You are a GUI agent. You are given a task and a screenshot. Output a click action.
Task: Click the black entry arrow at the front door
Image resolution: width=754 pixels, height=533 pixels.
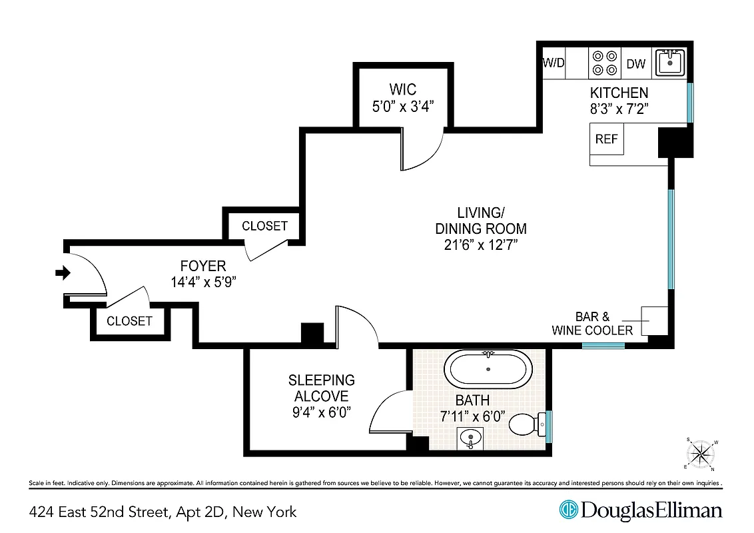(x=63, y=272)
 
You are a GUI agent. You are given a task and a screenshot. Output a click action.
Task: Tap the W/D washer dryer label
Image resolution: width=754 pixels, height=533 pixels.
(x=554, y=63)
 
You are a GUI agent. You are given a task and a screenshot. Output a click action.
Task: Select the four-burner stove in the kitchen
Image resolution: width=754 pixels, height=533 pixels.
(x=604, y=63)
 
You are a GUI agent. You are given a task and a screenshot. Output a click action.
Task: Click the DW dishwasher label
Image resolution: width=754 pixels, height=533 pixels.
(x=636, y=64)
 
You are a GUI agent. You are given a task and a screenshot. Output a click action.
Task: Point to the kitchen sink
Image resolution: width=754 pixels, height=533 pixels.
(x=669, y=63)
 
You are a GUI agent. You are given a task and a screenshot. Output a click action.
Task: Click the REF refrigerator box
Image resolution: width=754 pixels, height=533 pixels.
(x=607, y=139)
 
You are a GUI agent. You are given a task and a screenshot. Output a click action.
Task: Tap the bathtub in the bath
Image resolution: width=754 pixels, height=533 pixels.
(x=488, y=369)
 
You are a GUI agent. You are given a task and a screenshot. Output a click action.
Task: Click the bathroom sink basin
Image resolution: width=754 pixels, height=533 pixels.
(x=471, y=439)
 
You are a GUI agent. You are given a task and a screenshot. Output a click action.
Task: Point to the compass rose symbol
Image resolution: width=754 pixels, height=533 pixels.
(x=701, y=454)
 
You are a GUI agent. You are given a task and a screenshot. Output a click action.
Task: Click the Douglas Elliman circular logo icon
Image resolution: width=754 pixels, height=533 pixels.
(x=568, y=510)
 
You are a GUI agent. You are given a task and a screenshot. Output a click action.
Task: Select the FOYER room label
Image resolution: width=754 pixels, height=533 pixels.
(x=203, y=266)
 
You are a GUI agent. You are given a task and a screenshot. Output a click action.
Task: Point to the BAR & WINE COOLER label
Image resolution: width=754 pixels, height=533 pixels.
(x=592, y=324)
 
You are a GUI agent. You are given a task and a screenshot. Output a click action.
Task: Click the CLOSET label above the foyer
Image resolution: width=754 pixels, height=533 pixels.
(x=264, y=226)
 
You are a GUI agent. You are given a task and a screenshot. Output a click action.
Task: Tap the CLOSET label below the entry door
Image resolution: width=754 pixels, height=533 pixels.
(x=129, y=320)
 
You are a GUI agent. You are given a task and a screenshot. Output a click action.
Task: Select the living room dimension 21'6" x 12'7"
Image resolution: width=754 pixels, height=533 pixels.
(x=481, y=245)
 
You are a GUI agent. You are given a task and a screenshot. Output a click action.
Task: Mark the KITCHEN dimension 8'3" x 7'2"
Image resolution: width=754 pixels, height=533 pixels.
(x=619, y=109)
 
